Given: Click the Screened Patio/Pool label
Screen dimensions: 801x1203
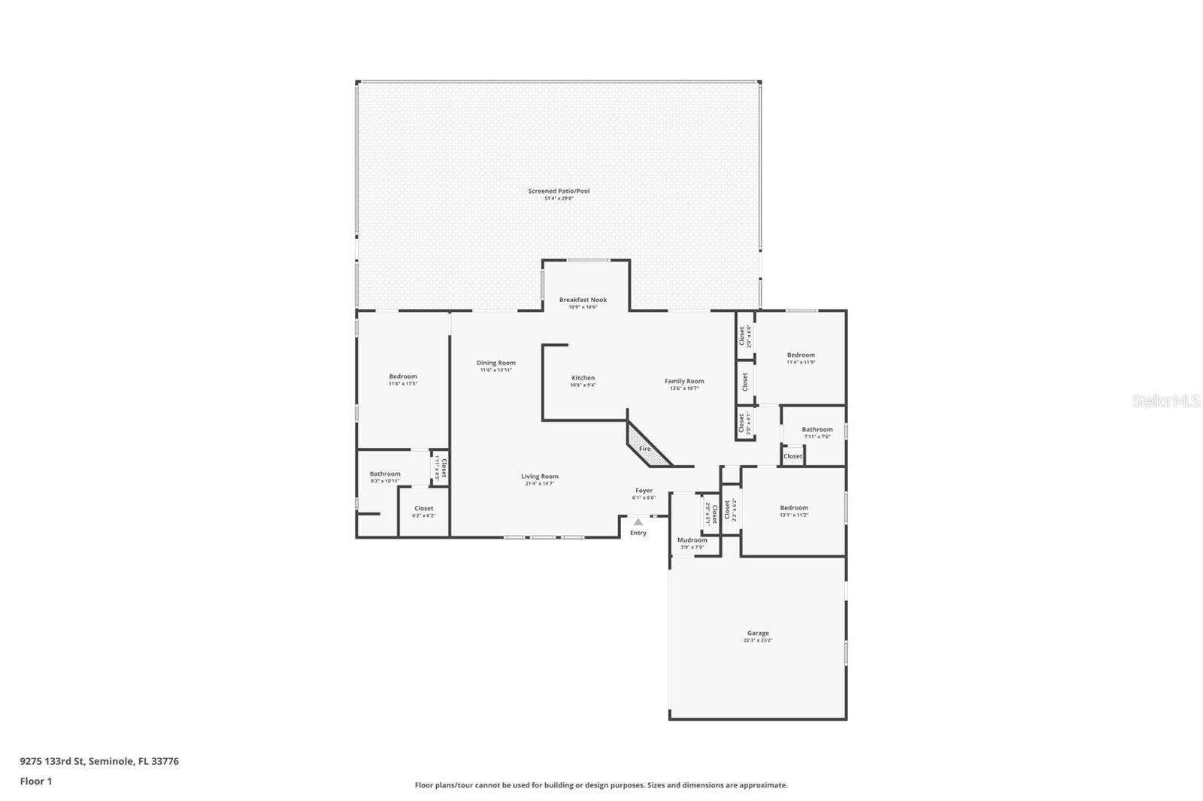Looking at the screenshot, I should [x=559, y=192].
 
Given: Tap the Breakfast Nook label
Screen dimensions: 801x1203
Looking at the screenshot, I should [x=583, y=301].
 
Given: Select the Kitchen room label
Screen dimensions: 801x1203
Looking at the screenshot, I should [x=583, y=379].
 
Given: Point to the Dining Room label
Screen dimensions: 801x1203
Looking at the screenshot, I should [x=496, y=364].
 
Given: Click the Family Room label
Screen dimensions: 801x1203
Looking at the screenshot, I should [x=684, y=382].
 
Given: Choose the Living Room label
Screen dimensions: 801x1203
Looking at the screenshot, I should [x=540, y=477].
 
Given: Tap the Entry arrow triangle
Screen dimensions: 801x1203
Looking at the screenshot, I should [x=638, y=521].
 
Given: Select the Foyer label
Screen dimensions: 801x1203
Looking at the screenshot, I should [x=644, y=491].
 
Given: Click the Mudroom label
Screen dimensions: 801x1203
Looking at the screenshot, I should [x=692, y=540].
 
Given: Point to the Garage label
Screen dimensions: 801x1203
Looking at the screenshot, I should [x=758, y=633].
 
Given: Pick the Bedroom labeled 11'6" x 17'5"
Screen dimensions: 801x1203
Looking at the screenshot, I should [x=403, y=377].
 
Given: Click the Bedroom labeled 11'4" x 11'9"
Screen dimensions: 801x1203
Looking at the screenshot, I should [x=801, y=355].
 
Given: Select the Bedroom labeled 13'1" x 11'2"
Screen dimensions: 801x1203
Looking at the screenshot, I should [x=794, y=509].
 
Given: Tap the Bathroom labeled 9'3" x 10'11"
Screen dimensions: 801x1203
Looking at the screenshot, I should [x=385, y=475].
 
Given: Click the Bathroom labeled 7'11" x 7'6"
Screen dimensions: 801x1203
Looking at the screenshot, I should [x=817, y=431].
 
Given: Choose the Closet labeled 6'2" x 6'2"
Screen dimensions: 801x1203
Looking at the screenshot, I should [x=423, y=509].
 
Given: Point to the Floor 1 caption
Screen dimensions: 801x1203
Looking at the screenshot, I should [x=36, y=781].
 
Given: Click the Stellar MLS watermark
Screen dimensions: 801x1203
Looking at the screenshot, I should [x=1165, y=401].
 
